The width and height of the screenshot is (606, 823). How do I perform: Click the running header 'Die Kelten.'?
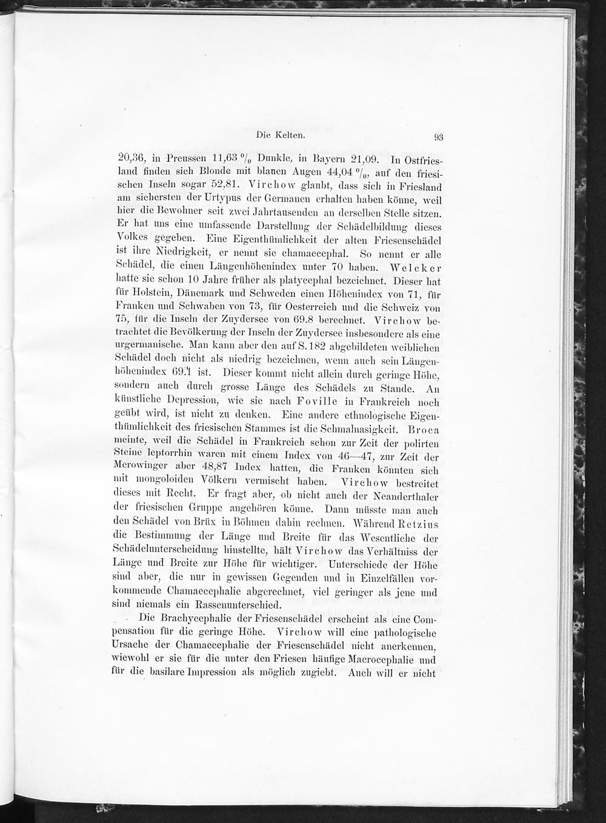pyautogui.click(x=279, y=136)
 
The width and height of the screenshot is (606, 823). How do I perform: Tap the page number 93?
pyautogui.click(x=439, y=137)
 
